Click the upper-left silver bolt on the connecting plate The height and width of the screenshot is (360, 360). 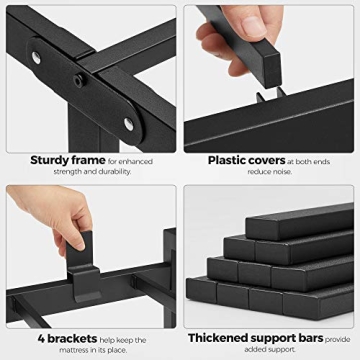point(36,57)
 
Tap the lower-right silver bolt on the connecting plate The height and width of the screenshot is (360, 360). point(129,124)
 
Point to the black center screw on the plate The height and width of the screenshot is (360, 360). point(79,81)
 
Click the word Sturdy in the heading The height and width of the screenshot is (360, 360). point(49,161)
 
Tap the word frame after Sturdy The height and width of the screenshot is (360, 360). point(88,160)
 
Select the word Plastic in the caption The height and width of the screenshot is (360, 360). point(228,161)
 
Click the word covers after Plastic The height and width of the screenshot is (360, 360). point(267,161)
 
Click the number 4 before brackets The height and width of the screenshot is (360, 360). point(41,339)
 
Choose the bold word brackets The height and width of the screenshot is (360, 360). point(72,339)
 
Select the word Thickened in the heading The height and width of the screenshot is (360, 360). point(218,338)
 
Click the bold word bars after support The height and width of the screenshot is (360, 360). point(310,338)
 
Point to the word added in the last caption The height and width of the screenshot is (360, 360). point(255,349)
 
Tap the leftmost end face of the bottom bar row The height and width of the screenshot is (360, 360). point(202,290)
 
